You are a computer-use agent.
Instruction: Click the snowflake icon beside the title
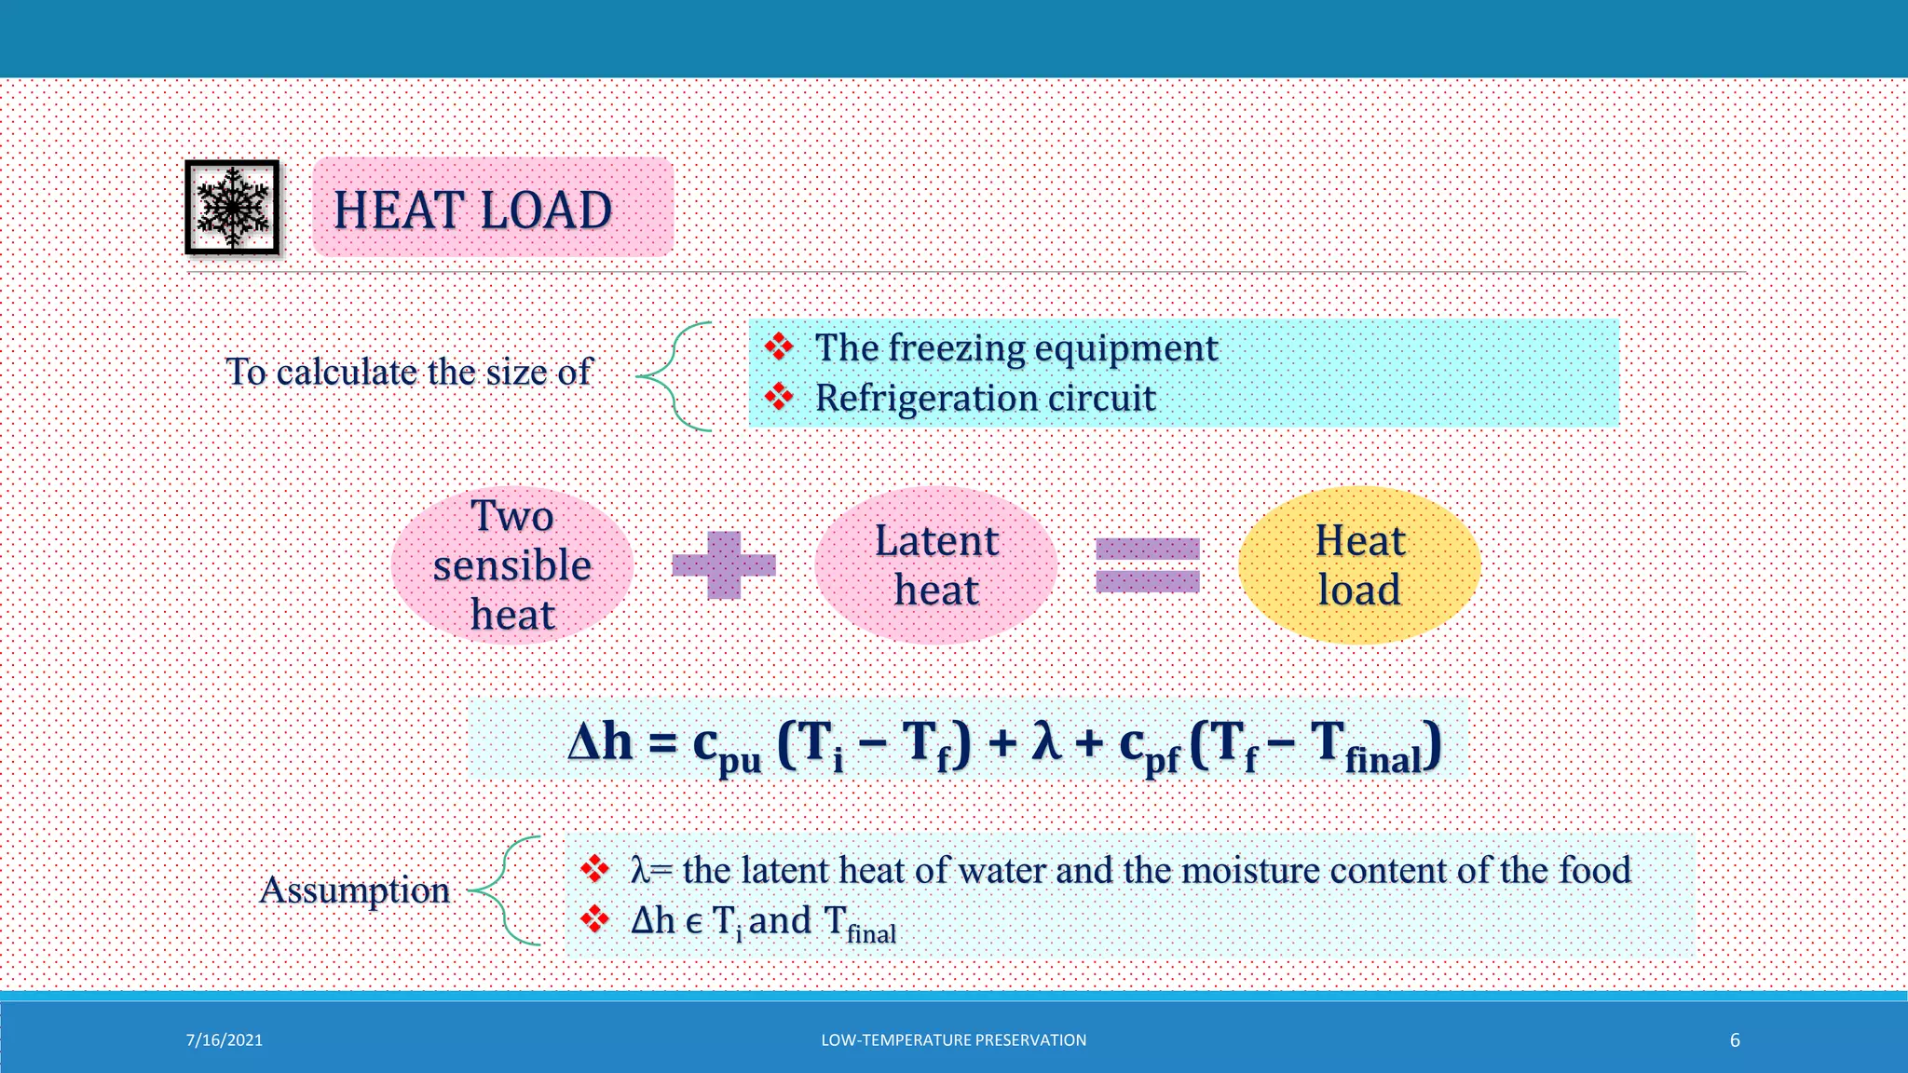click(232, 207)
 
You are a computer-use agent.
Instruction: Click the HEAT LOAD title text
click(472, 210)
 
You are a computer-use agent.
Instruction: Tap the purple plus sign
click(724, 564)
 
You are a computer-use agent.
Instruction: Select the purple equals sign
click(1147, 564)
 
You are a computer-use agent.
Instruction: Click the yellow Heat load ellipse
click(1359, 564)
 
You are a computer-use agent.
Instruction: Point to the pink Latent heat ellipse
click(935, 564)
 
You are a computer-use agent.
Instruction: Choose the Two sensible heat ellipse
click(512, 564)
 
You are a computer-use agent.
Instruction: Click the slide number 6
click(1735, 1040)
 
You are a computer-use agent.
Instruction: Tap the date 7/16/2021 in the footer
click(225, 1040)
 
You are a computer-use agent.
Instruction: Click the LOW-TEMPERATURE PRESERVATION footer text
click(953, 1040)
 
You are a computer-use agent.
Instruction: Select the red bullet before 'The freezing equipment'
click(779, 347)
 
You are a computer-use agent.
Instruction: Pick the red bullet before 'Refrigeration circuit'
click(779, 398)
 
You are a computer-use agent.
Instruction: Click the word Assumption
click(354, 890)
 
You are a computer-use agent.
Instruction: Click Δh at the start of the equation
click(600, 743)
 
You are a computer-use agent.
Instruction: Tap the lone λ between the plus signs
click(1047, 743)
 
